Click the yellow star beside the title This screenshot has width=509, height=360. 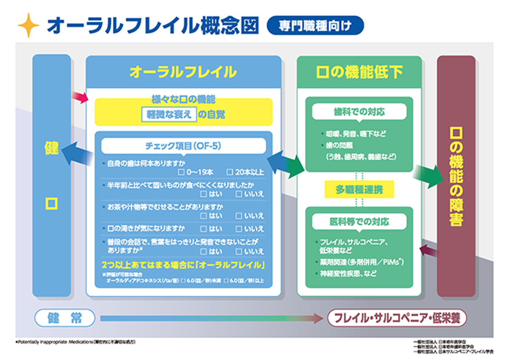28,25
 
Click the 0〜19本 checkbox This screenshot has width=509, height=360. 181,172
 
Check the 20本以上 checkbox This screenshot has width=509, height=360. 229,172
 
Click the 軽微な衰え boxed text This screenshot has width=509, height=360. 169,114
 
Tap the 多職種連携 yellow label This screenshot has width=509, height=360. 359,190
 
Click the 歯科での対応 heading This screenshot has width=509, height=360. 359,112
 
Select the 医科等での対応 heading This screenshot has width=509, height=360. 359,221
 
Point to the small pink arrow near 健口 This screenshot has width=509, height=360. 79,97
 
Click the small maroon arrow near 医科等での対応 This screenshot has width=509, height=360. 428,251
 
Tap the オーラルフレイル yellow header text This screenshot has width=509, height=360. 183,72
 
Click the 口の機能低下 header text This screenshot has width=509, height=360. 359,72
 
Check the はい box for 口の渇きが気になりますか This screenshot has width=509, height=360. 204,229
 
